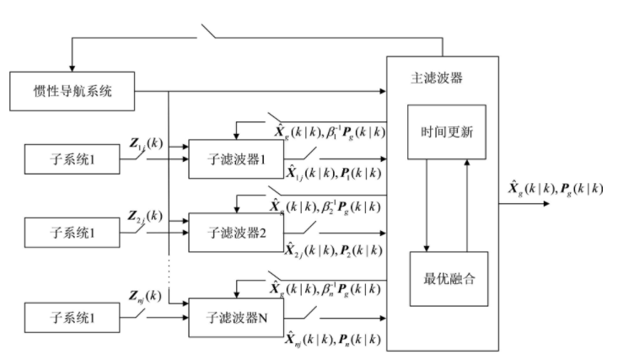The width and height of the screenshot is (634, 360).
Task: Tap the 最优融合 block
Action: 448,277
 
